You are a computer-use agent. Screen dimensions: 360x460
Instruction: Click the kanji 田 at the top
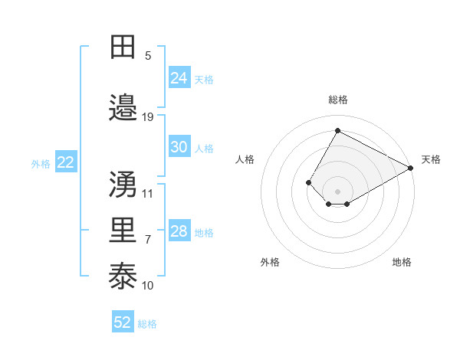coord(123,47)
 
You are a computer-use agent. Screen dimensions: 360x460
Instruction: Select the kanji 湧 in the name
coord(123,184)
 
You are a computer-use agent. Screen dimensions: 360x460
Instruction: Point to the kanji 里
coord(123,231)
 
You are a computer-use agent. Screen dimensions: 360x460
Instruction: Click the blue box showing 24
coord(179,78)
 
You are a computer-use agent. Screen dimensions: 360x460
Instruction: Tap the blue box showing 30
coord(179,148)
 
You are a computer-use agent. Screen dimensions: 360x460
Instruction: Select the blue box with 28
coord(179,232)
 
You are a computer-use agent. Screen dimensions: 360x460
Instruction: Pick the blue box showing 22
coord(66,162)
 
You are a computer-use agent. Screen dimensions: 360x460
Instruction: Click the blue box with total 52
coord(123,322)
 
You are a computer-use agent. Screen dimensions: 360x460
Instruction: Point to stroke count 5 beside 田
coord(148,56)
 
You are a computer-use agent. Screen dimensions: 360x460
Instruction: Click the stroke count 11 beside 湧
coord(148,193)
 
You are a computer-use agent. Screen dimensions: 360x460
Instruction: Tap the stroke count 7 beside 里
coord(148,240)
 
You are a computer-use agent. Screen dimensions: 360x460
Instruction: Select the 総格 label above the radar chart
coord(337,100)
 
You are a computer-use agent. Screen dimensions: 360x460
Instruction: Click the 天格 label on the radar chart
coord(431,159)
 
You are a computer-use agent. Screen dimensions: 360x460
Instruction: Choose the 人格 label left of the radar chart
coord(245,159)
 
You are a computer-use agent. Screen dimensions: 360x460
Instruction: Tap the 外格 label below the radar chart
coord(270,262)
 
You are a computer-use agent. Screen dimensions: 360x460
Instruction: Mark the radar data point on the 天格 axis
coord(411,168)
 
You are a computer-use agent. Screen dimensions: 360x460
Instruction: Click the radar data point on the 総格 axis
coord(337,130)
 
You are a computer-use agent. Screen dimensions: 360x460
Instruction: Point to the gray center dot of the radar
coord(337,191)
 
